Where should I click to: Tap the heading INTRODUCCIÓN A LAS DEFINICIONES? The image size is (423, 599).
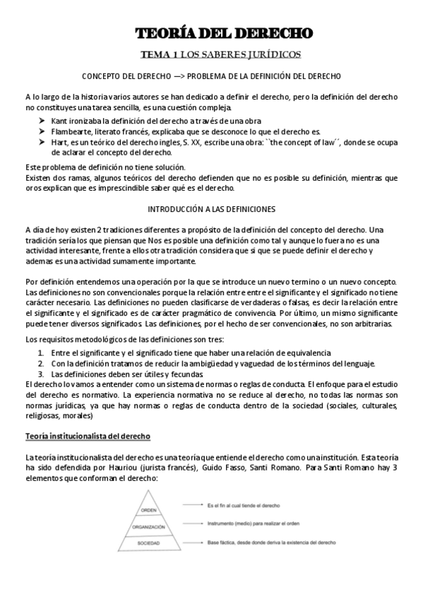pos(211,210)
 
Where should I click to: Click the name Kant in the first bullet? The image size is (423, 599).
pos(60,121)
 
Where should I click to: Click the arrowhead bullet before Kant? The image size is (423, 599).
pos(42,121)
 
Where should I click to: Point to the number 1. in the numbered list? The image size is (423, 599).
pos(42,352)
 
